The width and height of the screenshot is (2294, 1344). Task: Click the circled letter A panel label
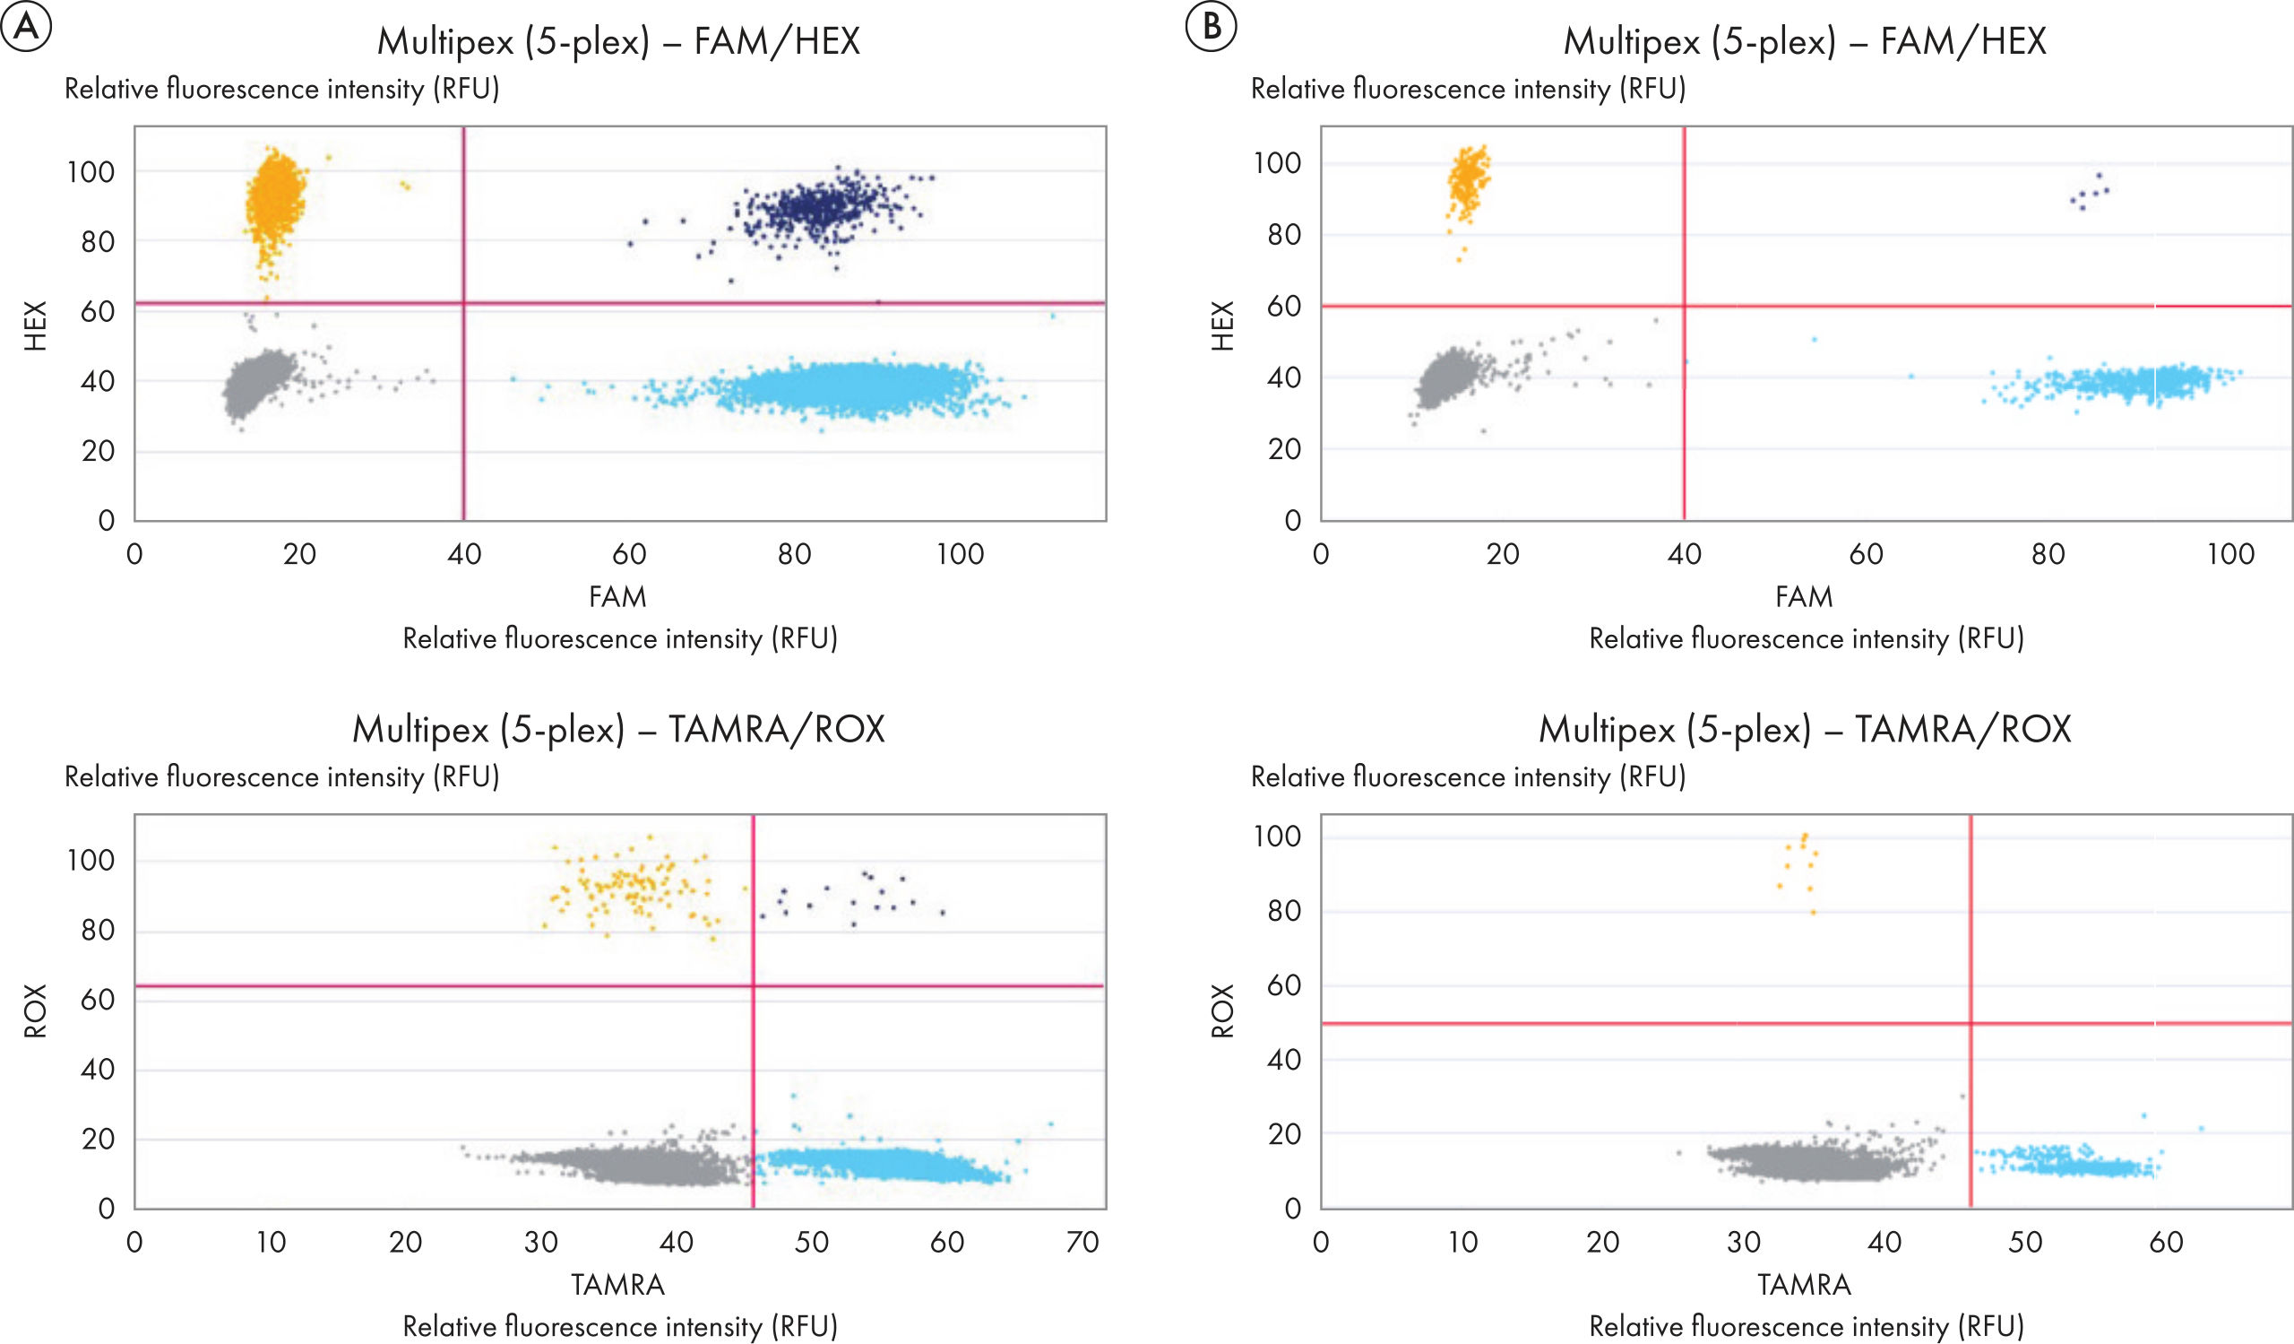coord(25,27)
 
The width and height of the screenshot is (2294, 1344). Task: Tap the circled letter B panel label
coord(1211,27)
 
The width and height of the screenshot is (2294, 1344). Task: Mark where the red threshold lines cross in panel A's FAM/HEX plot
coord(464,302)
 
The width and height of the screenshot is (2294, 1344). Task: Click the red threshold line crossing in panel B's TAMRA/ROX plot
coord(1971,1024)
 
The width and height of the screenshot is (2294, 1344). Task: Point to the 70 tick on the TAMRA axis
coord(1082,1242)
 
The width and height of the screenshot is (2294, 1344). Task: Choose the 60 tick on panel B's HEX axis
coord(1284,306)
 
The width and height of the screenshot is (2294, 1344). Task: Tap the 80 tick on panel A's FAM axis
coord(794,553)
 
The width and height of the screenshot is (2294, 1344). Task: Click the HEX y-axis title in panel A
coord(35,326)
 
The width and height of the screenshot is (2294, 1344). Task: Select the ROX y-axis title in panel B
coord(1222,1010)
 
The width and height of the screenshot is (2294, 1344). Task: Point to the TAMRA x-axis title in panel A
coord(618,1284)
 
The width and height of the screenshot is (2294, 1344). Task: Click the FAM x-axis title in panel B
coord(1804,596)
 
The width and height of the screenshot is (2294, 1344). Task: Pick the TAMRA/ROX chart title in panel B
coord(1804,729)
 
